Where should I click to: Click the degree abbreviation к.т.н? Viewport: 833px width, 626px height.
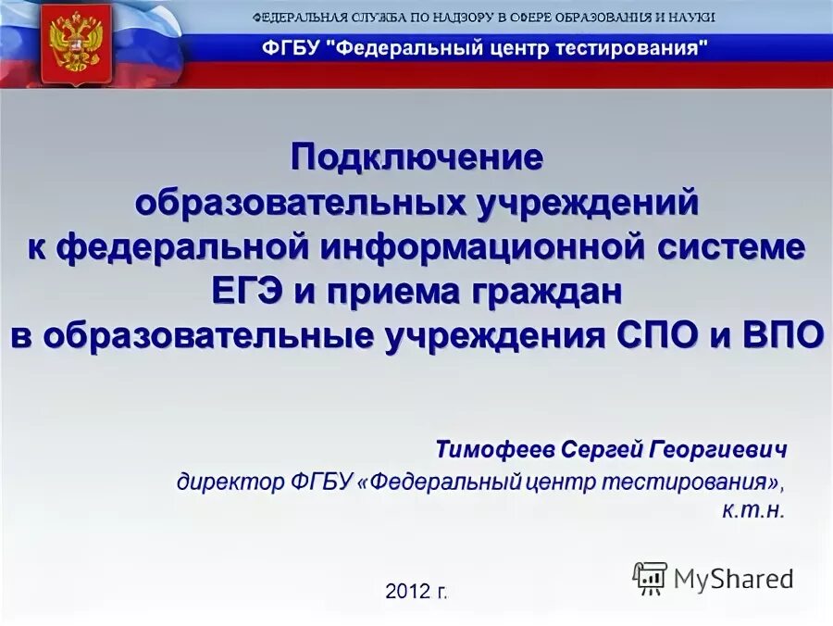tap(760, 510)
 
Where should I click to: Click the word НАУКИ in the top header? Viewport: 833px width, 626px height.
tap(690, 19)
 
